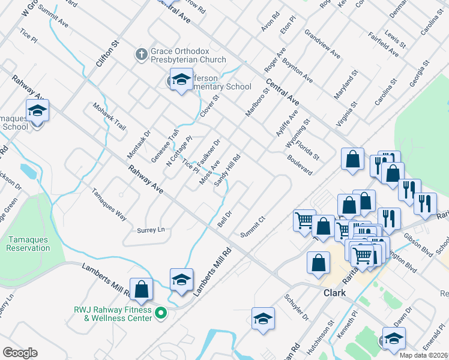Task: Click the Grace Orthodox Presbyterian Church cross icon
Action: tap(141, 55)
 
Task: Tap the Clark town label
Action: tap(335, 293)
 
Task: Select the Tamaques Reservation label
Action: tap(28, 244)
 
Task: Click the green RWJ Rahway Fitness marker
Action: tap(160, 313)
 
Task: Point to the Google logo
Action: tap(20, 353)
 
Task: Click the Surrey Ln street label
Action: tap(151, 230)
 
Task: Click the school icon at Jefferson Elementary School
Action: tap(180, 80)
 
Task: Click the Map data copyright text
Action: tap(424, 355)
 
